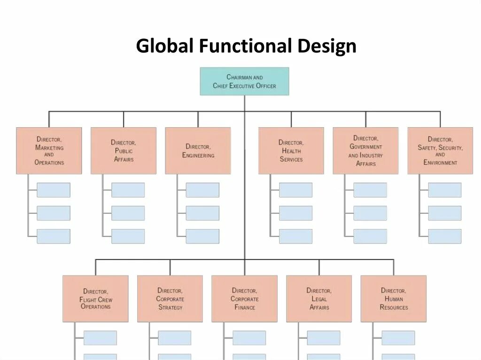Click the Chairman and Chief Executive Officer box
(x=244, y=81)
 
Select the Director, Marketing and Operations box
(x=49, y=151)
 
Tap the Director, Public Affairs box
(x=124, y=151)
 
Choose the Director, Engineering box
(x=198, y=151)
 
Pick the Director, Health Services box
(x=291, y=151)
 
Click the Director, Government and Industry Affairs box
(x=365, y=151)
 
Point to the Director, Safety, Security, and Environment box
(x=440, y=151)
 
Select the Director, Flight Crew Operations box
(x=95, y=299)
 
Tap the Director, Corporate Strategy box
(x=170, y=299)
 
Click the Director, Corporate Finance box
(x=244, y=299)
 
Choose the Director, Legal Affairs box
(x=319, y=299)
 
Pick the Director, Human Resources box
(x=394, y=299)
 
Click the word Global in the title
(x=164, y=46)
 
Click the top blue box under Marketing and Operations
(x=54, y=190)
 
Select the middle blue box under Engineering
(x=202, y=213)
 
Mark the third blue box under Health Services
(x=295, y=236)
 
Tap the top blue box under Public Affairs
(x=128, y=190)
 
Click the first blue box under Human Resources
(x=398, y=337)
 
